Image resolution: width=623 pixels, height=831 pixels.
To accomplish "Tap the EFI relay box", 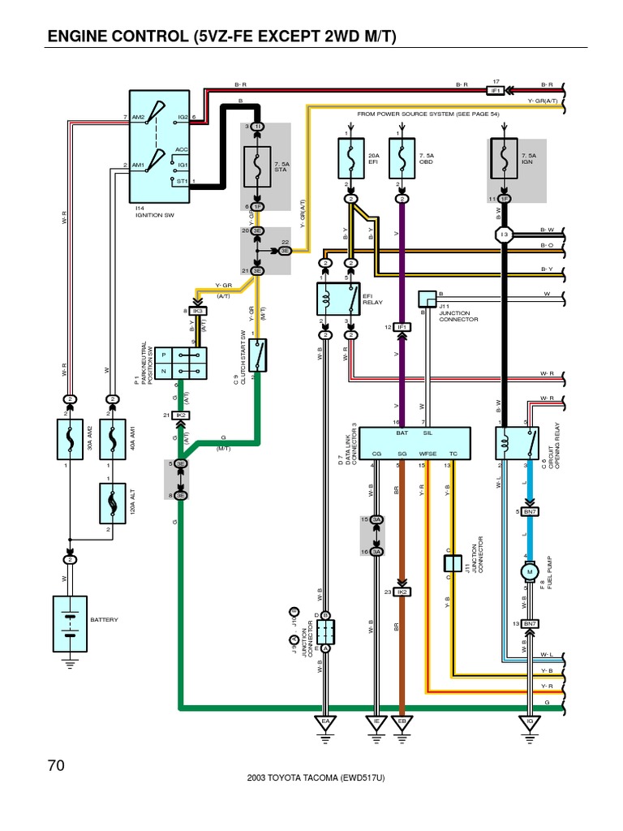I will coord(338,299).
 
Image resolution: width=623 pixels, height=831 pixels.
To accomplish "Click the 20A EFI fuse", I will coord(350,159).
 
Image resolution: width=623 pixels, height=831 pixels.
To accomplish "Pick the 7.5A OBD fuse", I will coord(402,159).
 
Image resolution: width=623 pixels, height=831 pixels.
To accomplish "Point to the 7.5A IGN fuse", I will coord(504,159).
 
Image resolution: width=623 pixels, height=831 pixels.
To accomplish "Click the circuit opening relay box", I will coord(517,443).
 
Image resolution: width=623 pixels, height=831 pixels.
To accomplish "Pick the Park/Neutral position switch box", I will coord(183,363).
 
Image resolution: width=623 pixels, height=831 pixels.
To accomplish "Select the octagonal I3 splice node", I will coord(504,234).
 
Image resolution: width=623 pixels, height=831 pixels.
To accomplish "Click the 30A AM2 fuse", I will coord(71,438).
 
